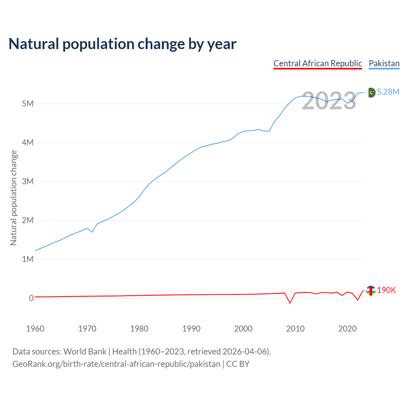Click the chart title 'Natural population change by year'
tap(122, 44)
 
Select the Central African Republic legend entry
tap(317, 63)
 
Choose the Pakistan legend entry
tap(384, 63)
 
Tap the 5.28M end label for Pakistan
tap(388, 92)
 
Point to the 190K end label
tap(386, 290)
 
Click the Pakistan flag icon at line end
tap(371, 92)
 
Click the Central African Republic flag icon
tap(370, 291)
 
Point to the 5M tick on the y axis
tap(27, 104)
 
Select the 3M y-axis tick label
tap(27, 181)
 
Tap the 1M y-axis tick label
tap(27, 259)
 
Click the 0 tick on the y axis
tap(31, 298)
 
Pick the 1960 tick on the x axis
tap(35, 329)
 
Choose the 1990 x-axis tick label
tap(191, 329)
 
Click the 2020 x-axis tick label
tap(347, 329)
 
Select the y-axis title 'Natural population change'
tap(14, 198)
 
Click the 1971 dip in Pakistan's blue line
tap(92, 232)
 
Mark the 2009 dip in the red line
tap(290, 303)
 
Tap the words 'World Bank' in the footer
tap(85, 352)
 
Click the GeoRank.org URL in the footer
tap(116, 364)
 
